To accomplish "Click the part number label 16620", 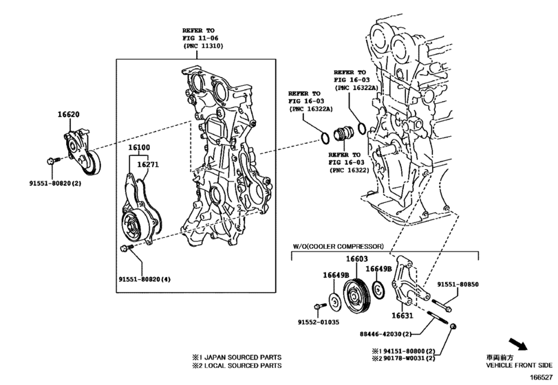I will pos(68,117).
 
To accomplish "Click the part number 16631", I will pos(403,316).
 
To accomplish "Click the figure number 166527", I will pos(541,376).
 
